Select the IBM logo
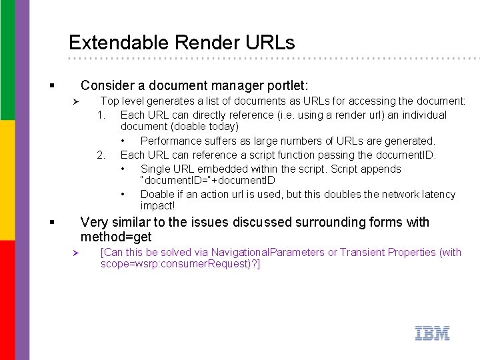[x=432, y=333]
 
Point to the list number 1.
[x=101, y=115]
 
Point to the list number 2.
[x=101, y=155]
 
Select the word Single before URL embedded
[x=155, y=169]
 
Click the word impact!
[x=157, y=206]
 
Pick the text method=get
[x=116, y=237]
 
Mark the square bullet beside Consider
[x=52, y=86]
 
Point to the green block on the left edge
[x=7, y=60]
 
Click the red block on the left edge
[x=7, y=300]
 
